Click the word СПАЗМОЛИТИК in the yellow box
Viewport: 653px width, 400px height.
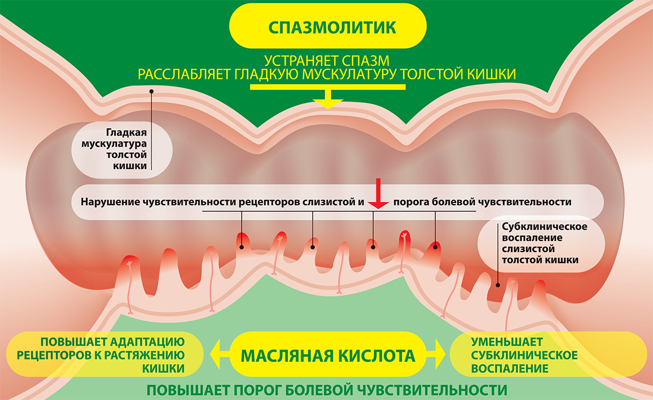coord(332,27)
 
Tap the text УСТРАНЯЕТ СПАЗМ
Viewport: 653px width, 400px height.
coord(327,61)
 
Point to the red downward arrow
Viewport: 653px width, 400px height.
coord(378,194)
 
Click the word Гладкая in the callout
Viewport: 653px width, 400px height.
coord(126,133)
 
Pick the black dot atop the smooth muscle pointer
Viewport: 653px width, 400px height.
coord(151,91)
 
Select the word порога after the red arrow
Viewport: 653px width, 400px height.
coord(411,202)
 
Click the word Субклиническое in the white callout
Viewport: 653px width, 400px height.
coord(545,226)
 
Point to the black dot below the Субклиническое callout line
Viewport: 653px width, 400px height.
coord(498,285)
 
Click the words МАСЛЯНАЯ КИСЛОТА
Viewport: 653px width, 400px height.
coord(328,356)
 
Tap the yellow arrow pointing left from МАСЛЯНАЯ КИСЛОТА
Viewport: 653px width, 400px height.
coord(219,354)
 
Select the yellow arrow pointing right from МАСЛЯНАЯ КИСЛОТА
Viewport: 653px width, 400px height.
coord(435,354)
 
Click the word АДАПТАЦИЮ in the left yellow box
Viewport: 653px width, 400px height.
coord(147,342)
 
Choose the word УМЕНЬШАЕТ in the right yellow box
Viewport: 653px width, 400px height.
coord(507,342)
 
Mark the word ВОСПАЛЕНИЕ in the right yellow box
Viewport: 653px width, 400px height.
coord(510,368)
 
